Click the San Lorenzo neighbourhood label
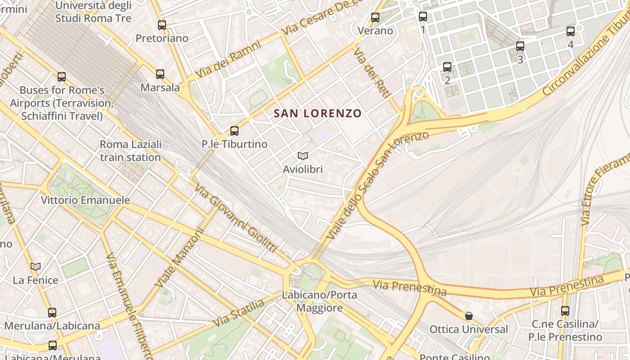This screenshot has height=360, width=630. (318, 113)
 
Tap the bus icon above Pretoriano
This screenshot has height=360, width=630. (162, 25)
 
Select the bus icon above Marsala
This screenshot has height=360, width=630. (160, 74)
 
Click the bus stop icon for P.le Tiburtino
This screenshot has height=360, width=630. (234, 131)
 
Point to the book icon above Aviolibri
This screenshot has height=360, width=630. (303, 156)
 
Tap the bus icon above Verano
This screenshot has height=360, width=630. (375, 18)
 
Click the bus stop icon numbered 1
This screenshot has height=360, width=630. (423, 17)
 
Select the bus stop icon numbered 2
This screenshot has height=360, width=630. (447, 67)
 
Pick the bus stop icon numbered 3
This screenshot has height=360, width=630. (520, 46)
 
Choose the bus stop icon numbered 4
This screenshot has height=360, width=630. (571, 31)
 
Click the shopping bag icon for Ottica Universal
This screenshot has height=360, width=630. (469, 316)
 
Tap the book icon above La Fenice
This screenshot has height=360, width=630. (36, 267)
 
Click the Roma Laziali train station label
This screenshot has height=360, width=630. (130, 151)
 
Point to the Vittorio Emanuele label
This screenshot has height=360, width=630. (85, 200)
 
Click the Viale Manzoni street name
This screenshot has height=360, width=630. (179, 258)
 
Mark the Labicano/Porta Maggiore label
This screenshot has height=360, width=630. (319, 301)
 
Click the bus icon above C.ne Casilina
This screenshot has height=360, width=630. (565, 310)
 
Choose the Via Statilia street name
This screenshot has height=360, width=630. (239, 313)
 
